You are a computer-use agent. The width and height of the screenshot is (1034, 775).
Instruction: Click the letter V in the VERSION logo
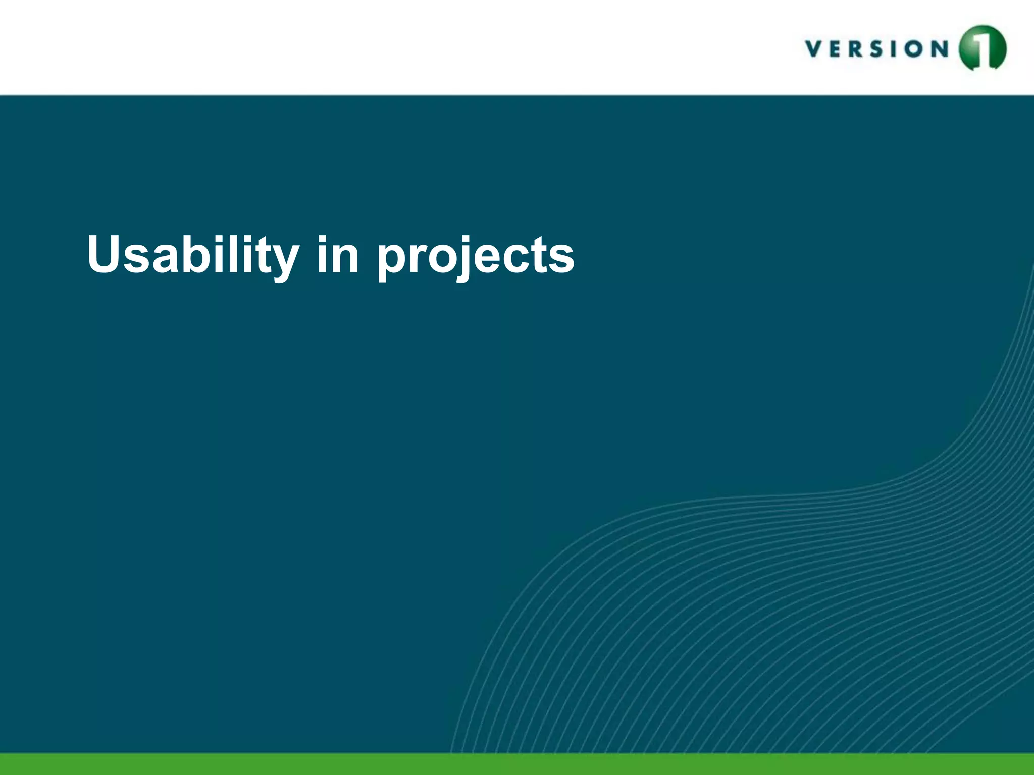click(814, 49)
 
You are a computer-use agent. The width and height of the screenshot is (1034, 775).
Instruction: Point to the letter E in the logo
click(839, 49)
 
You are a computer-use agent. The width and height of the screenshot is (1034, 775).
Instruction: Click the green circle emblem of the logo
click(982, 48)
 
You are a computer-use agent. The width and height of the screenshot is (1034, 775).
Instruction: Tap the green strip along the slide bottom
click(517, 764)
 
